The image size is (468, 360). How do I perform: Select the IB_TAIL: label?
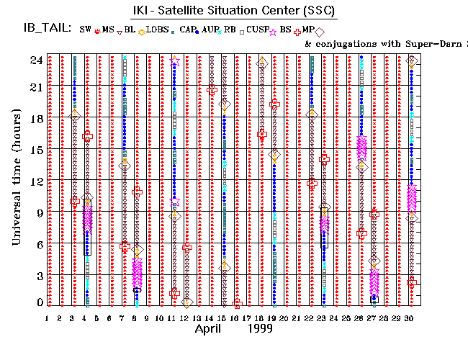coord(45,30)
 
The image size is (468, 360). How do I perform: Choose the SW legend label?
coord(86,30)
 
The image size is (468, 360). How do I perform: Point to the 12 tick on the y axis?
coord(35,180)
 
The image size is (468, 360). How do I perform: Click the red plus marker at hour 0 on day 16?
coord(237,303)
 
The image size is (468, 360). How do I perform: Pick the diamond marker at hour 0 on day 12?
coord(186,303)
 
